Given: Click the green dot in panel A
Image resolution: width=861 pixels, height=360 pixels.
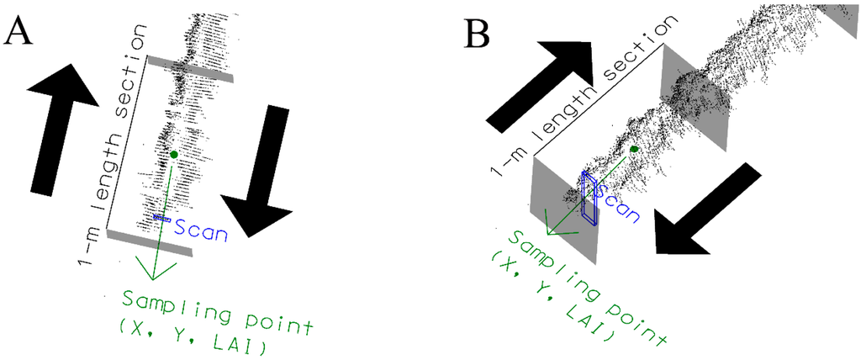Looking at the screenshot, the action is pyautogui.click(x=173, y=155).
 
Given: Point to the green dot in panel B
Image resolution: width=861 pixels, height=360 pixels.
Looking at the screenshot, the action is pyautogui.click(x=633, y=150).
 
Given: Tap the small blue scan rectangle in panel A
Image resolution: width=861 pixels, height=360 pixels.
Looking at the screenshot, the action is pyautogui.click(x=161, y=218).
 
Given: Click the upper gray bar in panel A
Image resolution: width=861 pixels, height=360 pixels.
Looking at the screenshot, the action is pyautogui.click(x=189, y=69).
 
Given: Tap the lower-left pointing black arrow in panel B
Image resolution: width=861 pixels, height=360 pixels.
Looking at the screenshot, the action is pyautogui.click(x=705, y=206).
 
